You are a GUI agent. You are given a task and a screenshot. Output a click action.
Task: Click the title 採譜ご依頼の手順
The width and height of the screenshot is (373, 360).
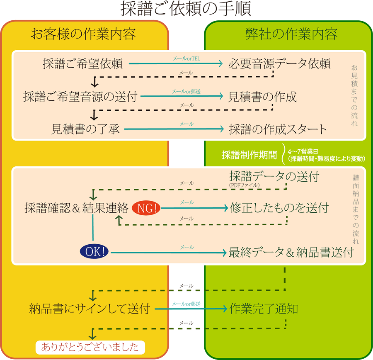tap(186, 9)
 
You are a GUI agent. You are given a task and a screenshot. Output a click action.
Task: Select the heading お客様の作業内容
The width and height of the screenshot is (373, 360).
tap(83, 34)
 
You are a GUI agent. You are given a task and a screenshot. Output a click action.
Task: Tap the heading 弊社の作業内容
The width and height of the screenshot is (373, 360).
tap(291, 34)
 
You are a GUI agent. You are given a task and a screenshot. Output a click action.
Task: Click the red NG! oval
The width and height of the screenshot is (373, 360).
tap(146, 208)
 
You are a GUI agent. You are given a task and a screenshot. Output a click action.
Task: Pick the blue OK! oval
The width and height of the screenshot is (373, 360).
tap(94, 252)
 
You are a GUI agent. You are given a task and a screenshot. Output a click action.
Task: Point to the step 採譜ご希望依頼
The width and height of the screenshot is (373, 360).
tap(83, 63)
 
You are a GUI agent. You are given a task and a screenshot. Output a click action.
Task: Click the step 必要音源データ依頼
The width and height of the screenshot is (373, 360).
tap(279, 63)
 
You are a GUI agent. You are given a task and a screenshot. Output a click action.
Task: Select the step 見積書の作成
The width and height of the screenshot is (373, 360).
tap(262, 97)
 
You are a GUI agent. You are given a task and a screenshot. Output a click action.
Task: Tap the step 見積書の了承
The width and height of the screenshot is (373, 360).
tap(85, 129)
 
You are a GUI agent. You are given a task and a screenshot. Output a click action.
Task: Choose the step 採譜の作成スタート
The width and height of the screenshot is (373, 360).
tap(278, 129)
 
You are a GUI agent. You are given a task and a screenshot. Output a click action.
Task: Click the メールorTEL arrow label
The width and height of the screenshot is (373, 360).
tap(186, 58)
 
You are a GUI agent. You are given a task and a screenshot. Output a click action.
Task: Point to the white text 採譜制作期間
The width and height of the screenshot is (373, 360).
tap(249, 155)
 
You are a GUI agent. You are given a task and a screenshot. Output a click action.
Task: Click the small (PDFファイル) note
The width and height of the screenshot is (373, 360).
tap(244, 185)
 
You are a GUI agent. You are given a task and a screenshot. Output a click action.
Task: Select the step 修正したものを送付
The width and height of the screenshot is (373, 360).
tap(279, 208)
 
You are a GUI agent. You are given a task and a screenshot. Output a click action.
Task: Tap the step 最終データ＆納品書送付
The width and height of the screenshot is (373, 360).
tap(291, 252)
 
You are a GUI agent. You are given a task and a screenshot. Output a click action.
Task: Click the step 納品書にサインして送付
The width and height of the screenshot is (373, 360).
tap(90, 309)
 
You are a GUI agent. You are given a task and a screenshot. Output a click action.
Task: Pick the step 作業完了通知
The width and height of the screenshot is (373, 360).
tap(264, 309)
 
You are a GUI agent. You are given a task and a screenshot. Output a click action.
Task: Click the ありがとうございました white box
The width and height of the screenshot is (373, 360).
tap(90, 347)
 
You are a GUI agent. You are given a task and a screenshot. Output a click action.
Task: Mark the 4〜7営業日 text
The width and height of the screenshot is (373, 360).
tap(303, 152)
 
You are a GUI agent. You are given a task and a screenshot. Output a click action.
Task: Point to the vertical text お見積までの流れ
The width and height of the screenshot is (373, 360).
tap(354, 95)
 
